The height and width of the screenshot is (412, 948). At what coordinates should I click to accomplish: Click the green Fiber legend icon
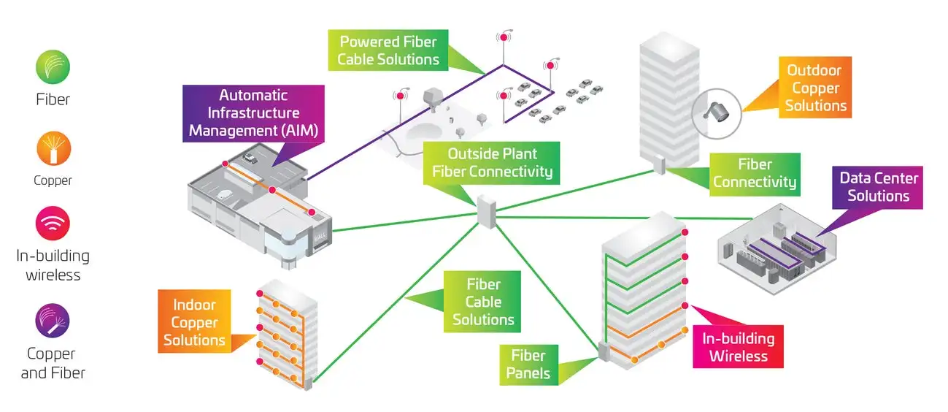tap(53, 67)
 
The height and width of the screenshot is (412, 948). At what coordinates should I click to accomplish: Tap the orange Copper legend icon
tap(53, 149)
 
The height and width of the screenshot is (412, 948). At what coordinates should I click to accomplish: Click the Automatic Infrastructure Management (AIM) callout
tap(253, 113)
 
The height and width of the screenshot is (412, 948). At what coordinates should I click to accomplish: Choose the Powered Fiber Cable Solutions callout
tap(388, 51)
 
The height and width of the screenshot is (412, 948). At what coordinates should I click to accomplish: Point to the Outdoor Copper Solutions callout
tap(814, 88)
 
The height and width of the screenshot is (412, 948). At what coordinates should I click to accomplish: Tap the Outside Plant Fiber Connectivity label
tap(493, 163)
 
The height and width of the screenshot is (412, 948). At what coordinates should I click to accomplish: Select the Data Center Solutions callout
tap(878, 187)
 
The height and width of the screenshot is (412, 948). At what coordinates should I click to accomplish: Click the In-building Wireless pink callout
tap(738, 347)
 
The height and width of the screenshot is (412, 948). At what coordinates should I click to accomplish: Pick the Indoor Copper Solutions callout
tap(194, 322)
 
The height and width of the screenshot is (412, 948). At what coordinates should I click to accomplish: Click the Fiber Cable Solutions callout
tap(483, 302)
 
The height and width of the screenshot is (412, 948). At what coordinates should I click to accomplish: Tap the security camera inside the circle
tap(715, 111)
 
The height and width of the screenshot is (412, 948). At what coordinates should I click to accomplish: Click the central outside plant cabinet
tap(487, 212)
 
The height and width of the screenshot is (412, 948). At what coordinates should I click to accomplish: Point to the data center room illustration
tap(775, 245)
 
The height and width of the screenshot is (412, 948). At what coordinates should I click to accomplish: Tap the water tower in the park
tap(433, 98)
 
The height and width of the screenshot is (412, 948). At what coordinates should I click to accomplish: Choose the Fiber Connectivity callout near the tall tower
tap(755, 174)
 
